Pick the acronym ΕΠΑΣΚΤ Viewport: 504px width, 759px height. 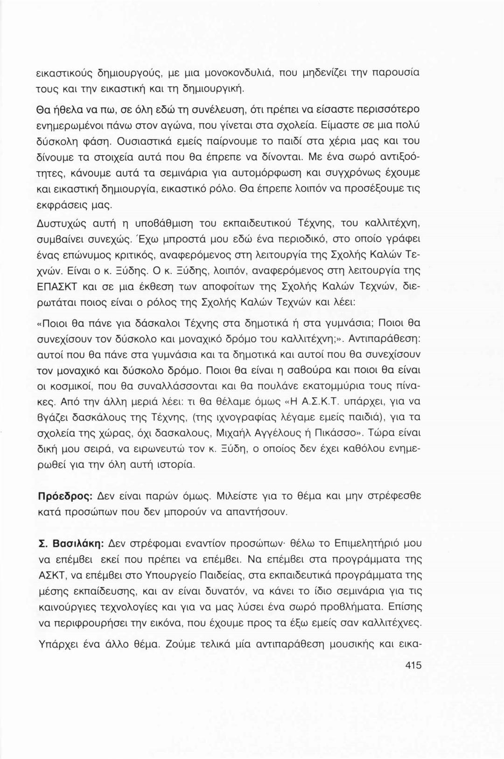coord(58,288)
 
